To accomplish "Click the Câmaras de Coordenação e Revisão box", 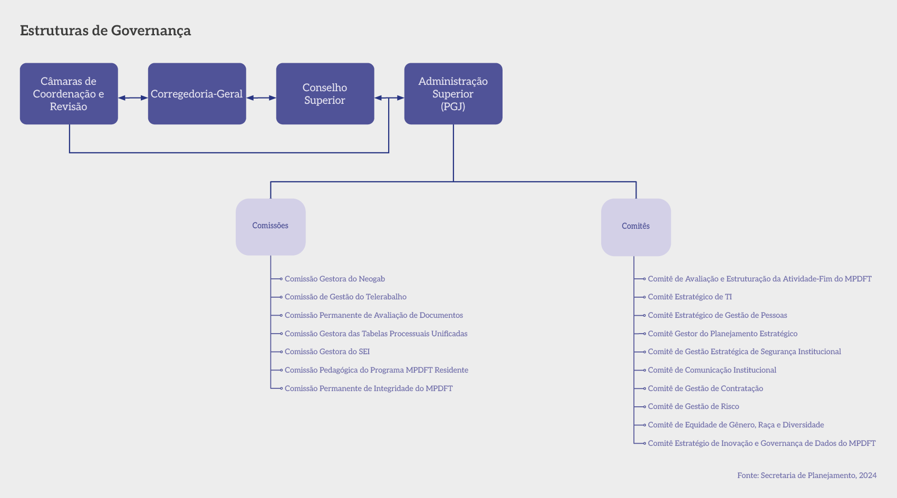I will (x=69, y=94).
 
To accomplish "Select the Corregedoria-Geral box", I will (x=197, y=94).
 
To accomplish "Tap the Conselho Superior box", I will (x=325, y=94).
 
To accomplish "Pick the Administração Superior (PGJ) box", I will (x=453, y=94).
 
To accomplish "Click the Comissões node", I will (x=271, y=227).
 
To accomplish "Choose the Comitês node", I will (x=635, y=227).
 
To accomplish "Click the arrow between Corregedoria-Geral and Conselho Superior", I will (x=261, y=98).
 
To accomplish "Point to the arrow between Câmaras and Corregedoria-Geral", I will (x=133, y=98).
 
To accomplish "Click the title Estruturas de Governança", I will (x=105, y=31).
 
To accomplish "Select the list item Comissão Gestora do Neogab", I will (x=335, y=279).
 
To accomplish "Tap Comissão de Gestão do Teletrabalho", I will (x=345, y=297).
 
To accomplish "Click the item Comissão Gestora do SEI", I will (x=327, y=351).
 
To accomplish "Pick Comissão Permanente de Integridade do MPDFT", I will (x=369, y=388).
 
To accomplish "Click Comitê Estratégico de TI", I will (x=690, y=297).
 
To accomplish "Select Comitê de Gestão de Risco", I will (x=693, y=406).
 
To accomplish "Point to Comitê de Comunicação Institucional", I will (x=712, y=370).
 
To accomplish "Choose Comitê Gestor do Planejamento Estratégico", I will (x=722, y=334).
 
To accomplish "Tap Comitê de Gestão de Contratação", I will (x=706, y=388).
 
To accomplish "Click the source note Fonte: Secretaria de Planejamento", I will (x=807, y=475).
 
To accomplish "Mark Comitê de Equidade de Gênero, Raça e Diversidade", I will (x=736, y=425).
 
